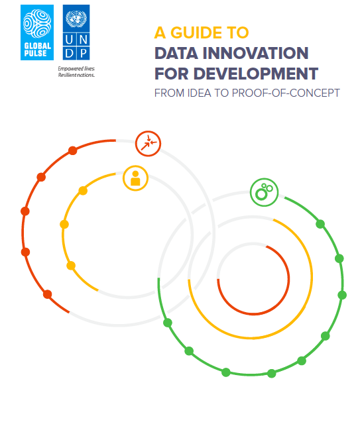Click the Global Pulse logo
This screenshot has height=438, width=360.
[x=37, y=32]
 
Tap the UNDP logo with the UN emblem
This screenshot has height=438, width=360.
[x=76, y=32]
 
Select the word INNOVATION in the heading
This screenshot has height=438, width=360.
[x=255, y=53]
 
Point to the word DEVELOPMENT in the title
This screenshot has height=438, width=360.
[x=256, y=74]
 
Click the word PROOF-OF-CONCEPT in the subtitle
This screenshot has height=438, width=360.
[x=286, y=93]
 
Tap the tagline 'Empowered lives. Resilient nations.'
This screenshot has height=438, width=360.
[x=77, y=72]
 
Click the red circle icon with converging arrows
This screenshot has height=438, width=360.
[x=148, y=144]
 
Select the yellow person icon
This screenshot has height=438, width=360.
[x=135, y=178]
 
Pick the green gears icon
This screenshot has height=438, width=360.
[x=264, y=192]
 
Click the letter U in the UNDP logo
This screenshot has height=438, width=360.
[x=70, y=40]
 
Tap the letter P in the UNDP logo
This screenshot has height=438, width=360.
[x=84, y=53]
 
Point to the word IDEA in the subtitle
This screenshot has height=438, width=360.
[x=199, y=93]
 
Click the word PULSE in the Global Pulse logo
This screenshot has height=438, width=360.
[x=35, y=54]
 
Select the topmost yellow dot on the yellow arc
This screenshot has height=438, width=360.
[x=83, y=191]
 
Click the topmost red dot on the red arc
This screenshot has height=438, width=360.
[x=73, y=150]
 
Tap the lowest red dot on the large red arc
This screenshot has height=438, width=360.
[x=48, y=294]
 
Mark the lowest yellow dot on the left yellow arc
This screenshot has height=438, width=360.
[x=71, y=266]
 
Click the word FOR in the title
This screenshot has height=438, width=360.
[x=172, y=74]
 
